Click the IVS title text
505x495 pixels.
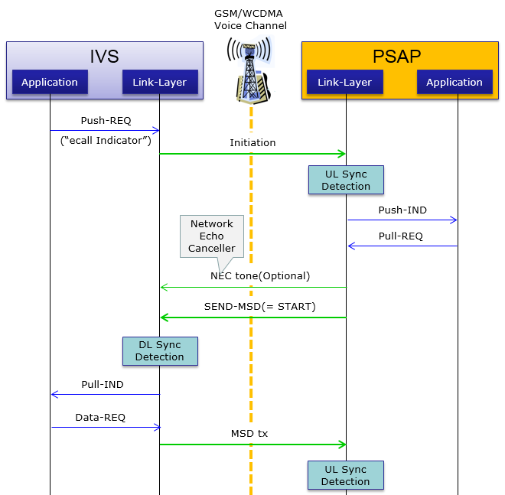coord(104,57)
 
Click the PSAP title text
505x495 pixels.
coord(397,57)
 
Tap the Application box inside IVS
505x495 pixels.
coord(50,82)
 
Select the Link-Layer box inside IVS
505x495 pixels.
coord(160,82)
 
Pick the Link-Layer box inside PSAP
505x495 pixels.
coord(345,82)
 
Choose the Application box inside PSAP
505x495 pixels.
coord(454,82)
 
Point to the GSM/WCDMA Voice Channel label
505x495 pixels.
coord(250,19)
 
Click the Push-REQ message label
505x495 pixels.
coord(106,120)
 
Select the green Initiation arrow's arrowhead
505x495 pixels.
coord(342,154)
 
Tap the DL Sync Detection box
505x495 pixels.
coord(160,351)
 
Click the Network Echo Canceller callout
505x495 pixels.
coord(212,236)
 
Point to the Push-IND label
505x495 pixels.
coord(402,210)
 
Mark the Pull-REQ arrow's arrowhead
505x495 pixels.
coord(352,246)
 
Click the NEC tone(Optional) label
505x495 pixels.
coord(260,276)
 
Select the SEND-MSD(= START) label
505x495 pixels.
coord(260,306)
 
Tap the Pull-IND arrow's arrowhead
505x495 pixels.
coord(55,394)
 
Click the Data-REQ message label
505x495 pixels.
coord(100,418)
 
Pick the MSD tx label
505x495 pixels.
coord(249,434)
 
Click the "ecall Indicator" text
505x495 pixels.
coord(106,141)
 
